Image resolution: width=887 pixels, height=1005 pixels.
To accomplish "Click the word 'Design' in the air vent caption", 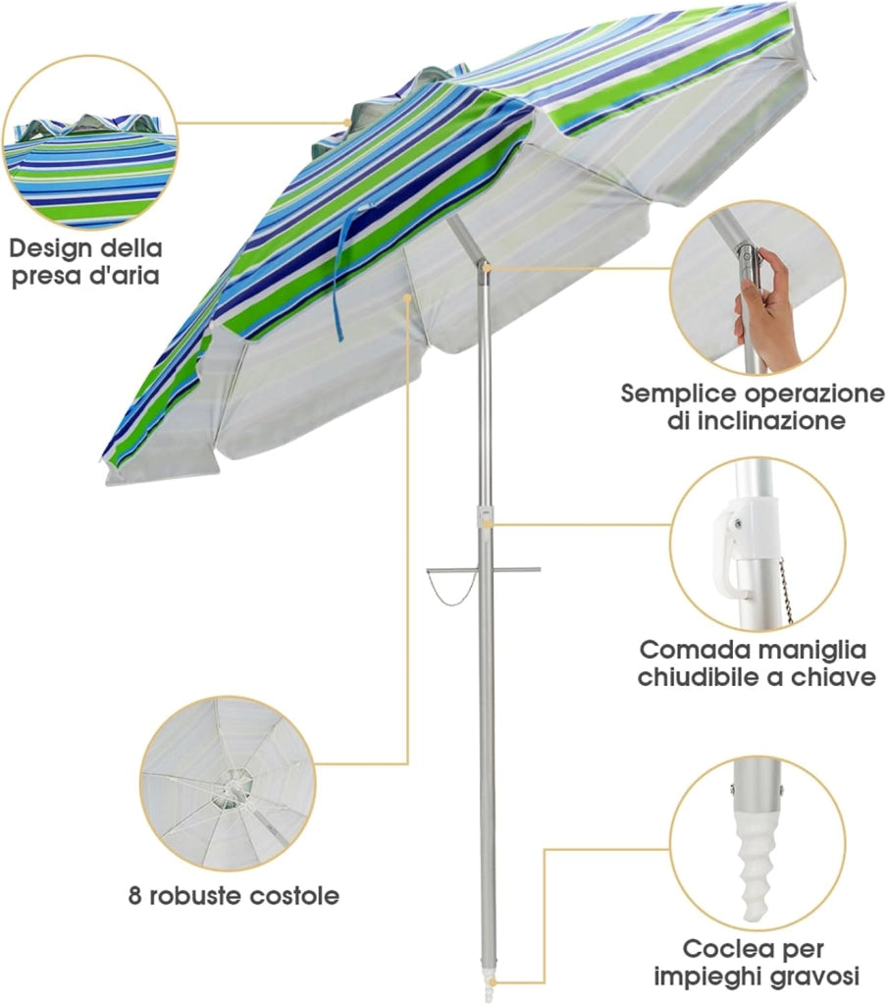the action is pyautogui.click(x=50, y=248).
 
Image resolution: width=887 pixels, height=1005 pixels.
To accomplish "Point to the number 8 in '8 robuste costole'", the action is pyautogui.click(x=134, y=895).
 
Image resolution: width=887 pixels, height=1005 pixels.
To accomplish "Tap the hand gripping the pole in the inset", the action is pyautogui.click(x=768, y=307).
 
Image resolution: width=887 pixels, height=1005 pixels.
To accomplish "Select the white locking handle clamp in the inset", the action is pyautogui.click(x=736, y=545).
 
